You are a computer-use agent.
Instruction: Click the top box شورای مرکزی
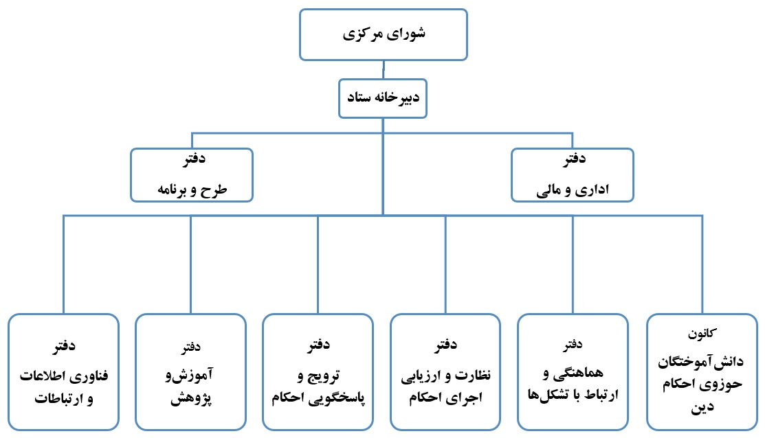[x=383, y=34]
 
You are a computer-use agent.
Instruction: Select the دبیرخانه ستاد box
[x=383, y=99]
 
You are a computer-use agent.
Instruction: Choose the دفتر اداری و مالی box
[x=573, y=175]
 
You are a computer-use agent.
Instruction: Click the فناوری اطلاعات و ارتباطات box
[x=63, y=371]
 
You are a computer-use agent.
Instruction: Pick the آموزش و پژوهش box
[x=190, y=371]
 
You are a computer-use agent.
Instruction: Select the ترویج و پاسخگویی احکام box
[x=318, y=371]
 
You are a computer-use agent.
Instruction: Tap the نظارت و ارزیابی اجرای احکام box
[x=445, y=371]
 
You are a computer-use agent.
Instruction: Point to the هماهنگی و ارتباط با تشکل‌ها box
[x=573, y=371]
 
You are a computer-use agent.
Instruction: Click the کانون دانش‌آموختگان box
[x=701, y=371]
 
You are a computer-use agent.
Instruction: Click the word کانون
[x=702, y=334]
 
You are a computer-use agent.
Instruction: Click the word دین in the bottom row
[x=704, y=406]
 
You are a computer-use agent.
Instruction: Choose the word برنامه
[x=175, y=189]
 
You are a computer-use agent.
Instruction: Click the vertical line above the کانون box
[x=702, y=264]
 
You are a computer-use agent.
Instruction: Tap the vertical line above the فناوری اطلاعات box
[x=63, y=264]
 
